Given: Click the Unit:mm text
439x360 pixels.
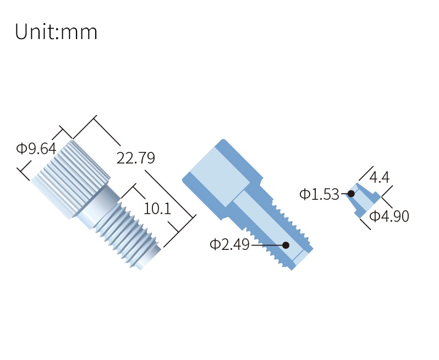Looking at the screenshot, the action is tap(56, 32).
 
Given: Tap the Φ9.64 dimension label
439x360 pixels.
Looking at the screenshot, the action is tap(36, 149).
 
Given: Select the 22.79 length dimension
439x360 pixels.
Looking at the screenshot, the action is tap(135, 158).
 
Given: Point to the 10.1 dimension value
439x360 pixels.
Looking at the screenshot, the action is tap(157, 209).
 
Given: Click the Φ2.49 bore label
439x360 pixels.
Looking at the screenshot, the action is tap(229, 244).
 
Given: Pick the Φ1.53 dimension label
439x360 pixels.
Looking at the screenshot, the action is tap(319, 194).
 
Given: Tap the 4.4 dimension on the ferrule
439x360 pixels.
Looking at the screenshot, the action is tap(380, 177).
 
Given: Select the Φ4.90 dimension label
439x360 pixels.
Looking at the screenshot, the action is tap(389, 216).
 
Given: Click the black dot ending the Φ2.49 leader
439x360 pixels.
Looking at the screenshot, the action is tap(286, 245).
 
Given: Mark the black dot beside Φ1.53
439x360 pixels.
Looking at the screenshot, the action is tap(351, 194).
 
